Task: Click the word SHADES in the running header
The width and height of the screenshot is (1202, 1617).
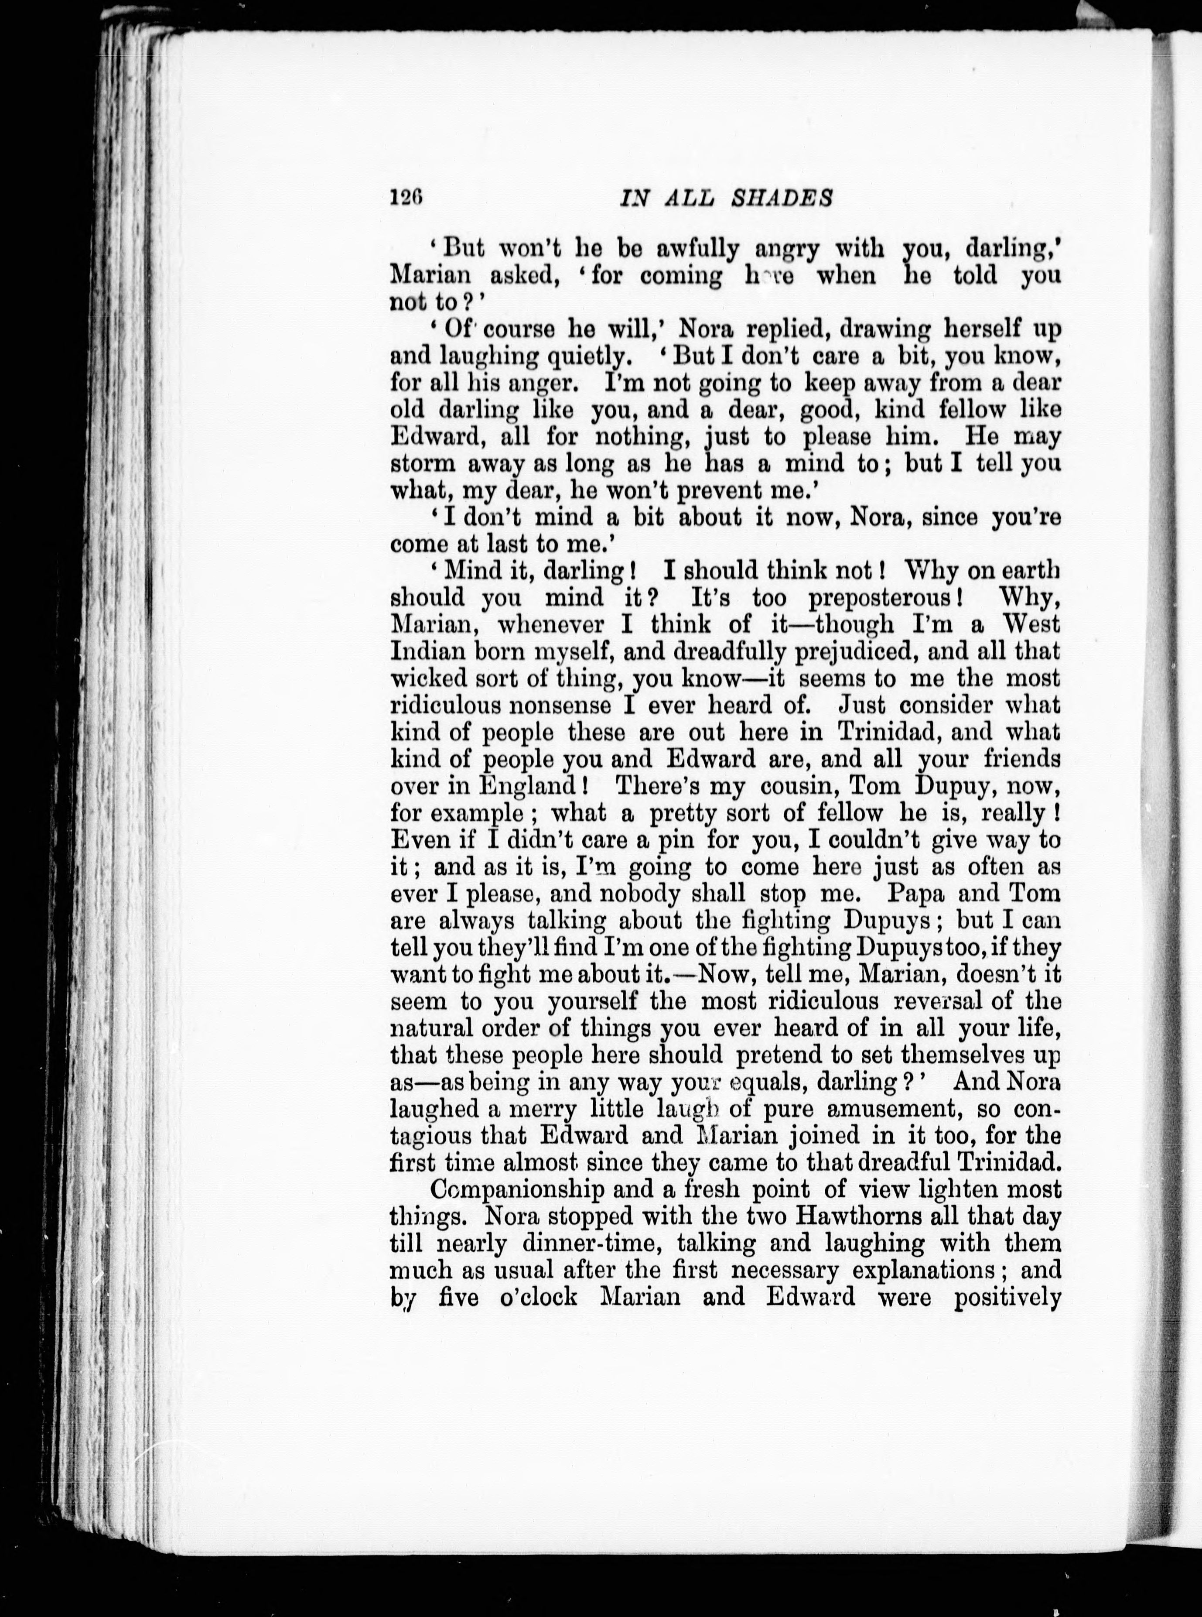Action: pos(789,198)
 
